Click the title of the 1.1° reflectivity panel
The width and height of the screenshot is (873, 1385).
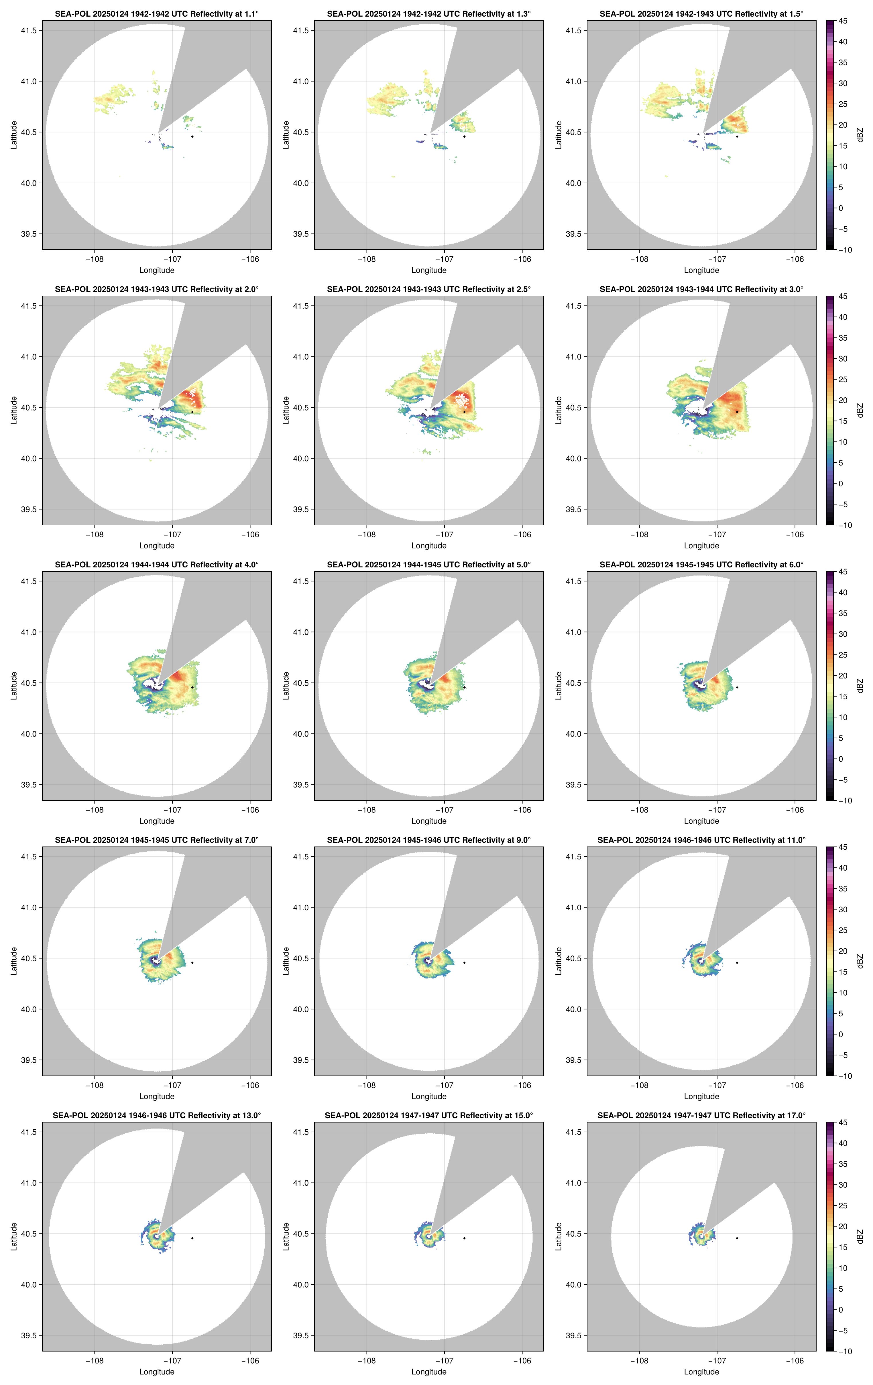tap(157, 14)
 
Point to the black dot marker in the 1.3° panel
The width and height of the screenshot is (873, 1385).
tap(464, 136)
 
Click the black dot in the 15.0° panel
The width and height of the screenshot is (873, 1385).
tap(464, 1238)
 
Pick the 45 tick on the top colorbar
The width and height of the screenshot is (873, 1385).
tap(843, 21)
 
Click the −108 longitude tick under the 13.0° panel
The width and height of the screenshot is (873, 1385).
tap(95, 1361)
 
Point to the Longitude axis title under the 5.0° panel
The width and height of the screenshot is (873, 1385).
tap(429, 821)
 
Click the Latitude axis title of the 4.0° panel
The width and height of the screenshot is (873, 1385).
tap(14, 686)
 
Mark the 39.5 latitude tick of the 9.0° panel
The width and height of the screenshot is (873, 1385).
tap(301, 1060)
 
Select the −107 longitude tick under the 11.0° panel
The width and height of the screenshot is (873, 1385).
tap(717, 1085)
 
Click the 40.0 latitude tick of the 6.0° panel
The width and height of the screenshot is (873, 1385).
tap(574, 734)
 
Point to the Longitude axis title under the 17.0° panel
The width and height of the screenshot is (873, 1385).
tap(701, 1372)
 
